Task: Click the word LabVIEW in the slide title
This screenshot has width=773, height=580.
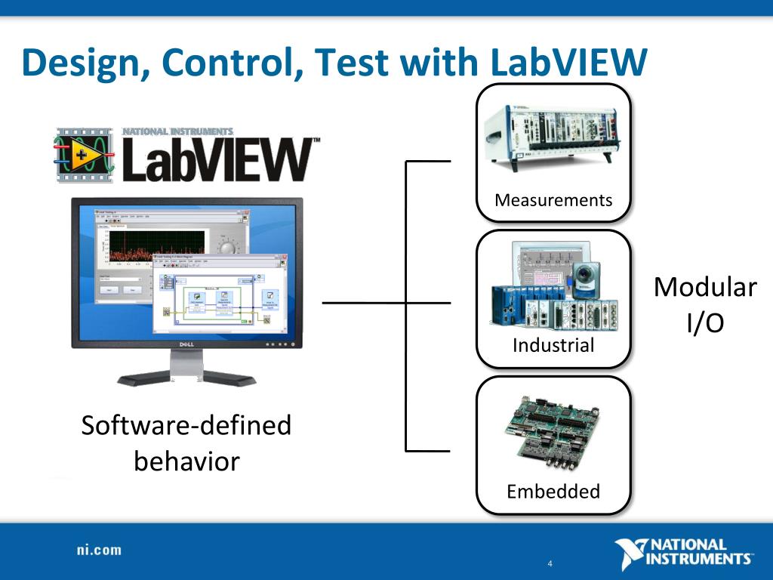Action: tap(568, 63)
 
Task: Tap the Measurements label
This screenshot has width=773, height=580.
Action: tap(553, 200)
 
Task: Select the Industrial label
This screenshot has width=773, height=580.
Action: tap(553, 345)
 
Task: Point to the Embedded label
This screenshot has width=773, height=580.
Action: tap(553, 492)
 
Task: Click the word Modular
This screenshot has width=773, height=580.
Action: tap(705, 288)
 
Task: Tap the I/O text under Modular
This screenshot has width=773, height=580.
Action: tap(705, 322)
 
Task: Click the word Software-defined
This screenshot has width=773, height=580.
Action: tap(186, 425)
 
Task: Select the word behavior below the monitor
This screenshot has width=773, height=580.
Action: tap(186, 461)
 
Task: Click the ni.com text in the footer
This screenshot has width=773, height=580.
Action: tap(98, 550)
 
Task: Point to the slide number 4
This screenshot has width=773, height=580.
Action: tap(550, 564)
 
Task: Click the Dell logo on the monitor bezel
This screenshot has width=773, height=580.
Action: tap(186, 344)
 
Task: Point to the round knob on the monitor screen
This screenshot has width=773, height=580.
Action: tap(226, 247)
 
